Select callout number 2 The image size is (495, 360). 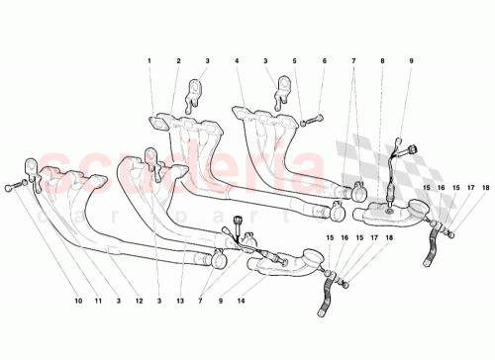pyautogui.click(x=178, y=61)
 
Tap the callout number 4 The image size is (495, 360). pyautogui.click(x=238, y=61)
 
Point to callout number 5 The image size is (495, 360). pyautogui.click(x=294, y=61)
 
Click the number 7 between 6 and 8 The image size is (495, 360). pyautogui.click(x=353, y=61)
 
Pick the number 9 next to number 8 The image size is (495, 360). pyautogui.click(x=411, y=61)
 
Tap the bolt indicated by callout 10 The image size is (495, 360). pyautogui.click(x=9, y=184)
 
